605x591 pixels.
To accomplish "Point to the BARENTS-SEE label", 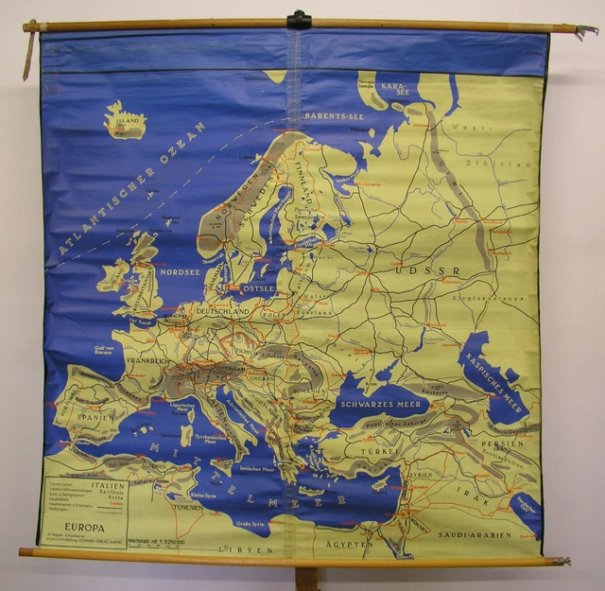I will pyautogui.click(x=334, y=116).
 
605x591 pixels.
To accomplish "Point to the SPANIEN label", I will pyautogui.click(x=95, y=416).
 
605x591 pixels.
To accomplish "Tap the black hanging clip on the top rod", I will pyautogui.click(x=300, y=19).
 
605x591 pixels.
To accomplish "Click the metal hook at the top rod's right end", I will pyautogui.click(x=587, y=31).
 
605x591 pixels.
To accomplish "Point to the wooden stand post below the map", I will pyautogui.click(x=306, y=578).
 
